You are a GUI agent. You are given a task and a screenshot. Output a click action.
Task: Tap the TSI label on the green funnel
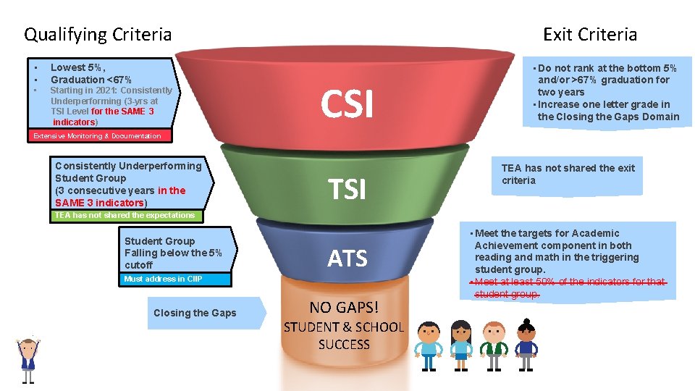click(347, 190)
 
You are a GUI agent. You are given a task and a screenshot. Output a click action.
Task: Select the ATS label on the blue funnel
click(347, 258)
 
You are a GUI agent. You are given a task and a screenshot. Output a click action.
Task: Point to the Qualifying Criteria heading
click(98, 34)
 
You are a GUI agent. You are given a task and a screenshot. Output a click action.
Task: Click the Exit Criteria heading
click(590, 34)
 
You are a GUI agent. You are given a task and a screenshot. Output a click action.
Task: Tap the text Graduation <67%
click(90, 79)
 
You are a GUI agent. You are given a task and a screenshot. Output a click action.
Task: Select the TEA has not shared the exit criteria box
click(568, 175)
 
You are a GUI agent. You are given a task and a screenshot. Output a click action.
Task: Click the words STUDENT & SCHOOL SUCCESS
click(344, 336)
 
